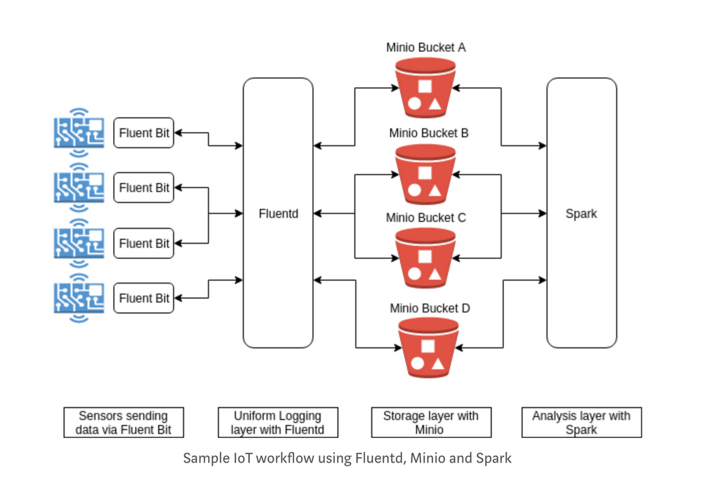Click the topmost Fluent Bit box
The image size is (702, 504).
pos(144,133)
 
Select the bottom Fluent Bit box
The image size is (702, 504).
pos(144,298)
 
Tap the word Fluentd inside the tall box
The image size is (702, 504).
pos(278,213)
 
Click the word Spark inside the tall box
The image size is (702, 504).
pos(581,213)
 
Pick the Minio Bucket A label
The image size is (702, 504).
pos(425,48)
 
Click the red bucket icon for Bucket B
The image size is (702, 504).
pos(425,175)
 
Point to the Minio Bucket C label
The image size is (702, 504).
pos(425,218)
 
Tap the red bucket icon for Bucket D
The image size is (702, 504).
pos(428,348)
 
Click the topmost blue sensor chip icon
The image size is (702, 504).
pos(79,132)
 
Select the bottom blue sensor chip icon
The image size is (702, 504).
pos(79,298)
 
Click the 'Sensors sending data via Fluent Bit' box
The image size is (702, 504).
pos(124,423)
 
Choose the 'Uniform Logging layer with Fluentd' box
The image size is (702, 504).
pos(277,423)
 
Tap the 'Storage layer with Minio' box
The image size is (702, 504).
pos(430,423)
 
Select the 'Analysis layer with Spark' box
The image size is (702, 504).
pos(581,423)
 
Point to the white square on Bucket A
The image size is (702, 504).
pos(425,88)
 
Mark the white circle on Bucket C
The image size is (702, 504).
pos(414,275)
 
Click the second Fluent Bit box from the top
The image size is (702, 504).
pos(144,188)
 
